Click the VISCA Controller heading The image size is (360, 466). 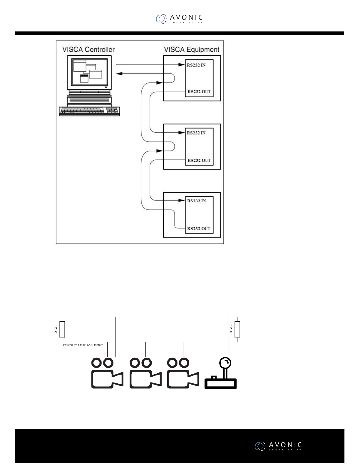tap(88, 49)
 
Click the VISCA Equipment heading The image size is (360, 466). tap(192, 49)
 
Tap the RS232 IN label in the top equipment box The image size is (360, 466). tap(196, 65)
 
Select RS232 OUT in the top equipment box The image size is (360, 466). tap(199, 91)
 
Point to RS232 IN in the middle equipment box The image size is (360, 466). tap(196, 133)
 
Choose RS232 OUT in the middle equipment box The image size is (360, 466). tap(199, 161)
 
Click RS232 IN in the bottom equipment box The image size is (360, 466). tap(196, 201)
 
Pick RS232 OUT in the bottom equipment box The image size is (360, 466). tap(199, 228)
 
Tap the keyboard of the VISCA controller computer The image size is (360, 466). tap(89, 111)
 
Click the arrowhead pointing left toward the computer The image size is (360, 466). tap(119, 74)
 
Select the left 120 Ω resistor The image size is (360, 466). tap(62, 329)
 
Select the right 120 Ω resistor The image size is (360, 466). tap(237, 329)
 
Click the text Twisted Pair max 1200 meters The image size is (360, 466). tap(83, 345)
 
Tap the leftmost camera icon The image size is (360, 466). tap(106, 373)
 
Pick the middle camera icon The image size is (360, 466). tap(145, 373)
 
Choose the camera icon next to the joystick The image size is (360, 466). tap(182, 373)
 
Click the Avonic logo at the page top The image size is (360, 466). tap(179, 19)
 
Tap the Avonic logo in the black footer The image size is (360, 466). tap(278, 446)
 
